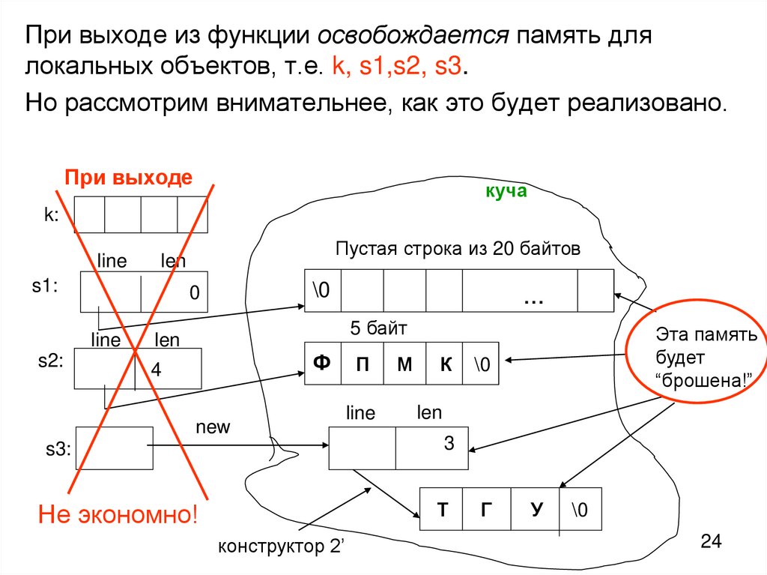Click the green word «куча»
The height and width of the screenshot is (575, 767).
tap(506, 192)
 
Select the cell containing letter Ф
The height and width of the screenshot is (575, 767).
tap(322, 364)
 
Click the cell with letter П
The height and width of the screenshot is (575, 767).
tap(363, 364)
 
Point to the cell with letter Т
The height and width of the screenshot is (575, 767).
tap(443, 510)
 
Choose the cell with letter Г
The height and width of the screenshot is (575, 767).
tap(487, 510)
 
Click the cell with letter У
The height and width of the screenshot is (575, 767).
tap(535, 510)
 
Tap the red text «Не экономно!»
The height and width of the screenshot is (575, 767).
tap(118, 515)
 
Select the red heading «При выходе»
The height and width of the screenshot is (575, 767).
tap(128, 178)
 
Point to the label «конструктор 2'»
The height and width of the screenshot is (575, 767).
tap(279, 546)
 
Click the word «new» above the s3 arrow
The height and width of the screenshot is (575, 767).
tap(213, 427)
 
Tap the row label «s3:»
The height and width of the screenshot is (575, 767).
tap(55, 449)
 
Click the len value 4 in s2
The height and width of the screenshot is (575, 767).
tap(157, 370)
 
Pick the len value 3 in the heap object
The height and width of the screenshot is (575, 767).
tap(449, 443)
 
